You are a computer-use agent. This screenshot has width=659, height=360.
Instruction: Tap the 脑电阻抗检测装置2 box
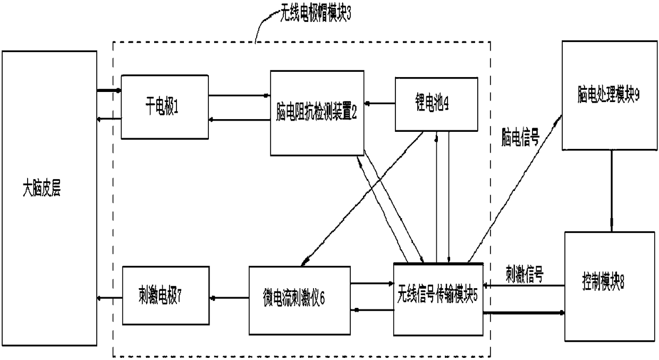pyautogui.click(x=317, y=113)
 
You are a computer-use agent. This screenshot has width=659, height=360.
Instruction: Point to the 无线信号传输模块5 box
pyautogui.click(x=438, y=299)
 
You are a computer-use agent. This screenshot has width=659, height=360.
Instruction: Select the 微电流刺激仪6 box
pyautogui.click(x=299, y=300)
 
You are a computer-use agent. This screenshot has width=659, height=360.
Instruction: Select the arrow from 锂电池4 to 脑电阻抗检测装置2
pyautogui.click(x=379, y=104)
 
